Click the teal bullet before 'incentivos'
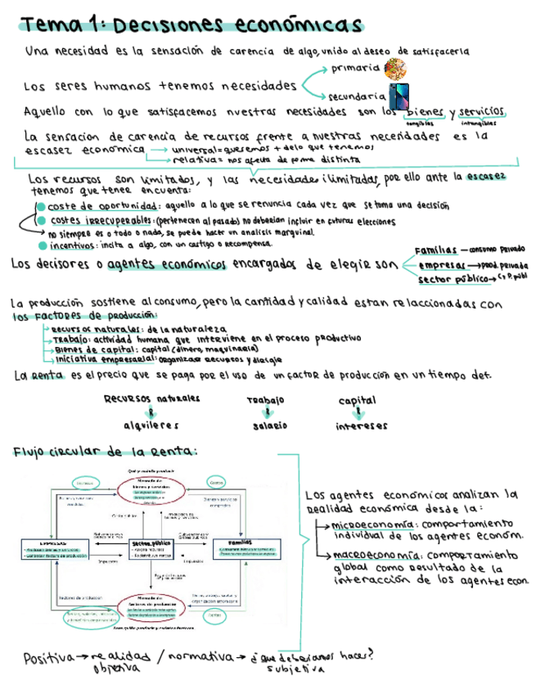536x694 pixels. coord(41,245)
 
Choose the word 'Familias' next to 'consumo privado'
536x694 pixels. coord(435,250)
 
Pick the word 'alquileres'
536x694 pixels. coord(151,426)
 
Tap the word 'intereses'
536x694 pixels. coord(361,426)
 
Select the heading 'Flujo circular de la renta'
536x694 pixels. coord(105,452)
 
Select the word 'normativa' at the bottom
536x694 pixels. coord(193,656)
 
